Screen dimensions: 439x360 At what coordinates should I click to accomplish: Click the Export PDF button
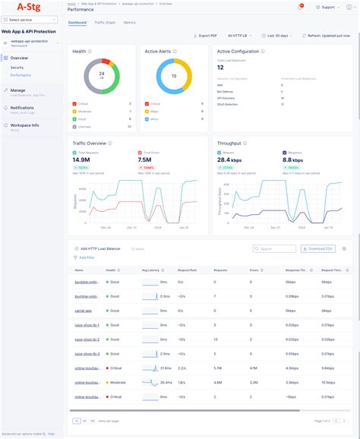click(206, 36)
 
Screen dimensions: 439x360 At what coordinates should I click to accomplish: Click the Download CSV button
click(317, 248)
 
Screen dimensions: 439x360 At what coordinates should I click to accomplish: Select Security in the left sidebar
click(17, 68)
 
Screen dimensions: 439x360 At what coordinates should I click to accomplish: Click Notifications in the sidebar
click(22, 107)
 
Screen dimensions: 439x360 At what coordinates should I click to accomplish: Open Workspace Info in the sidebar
click(25, 125)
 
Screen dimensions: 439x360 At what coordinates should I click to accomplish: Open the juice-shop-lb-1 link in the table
click(87, 325)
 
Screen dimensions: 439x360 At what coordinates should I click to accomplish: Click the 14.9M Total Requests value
click(81, 159)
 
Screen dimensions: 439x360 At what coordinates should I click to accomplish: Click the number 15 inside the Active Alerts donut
click(173, 76)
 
